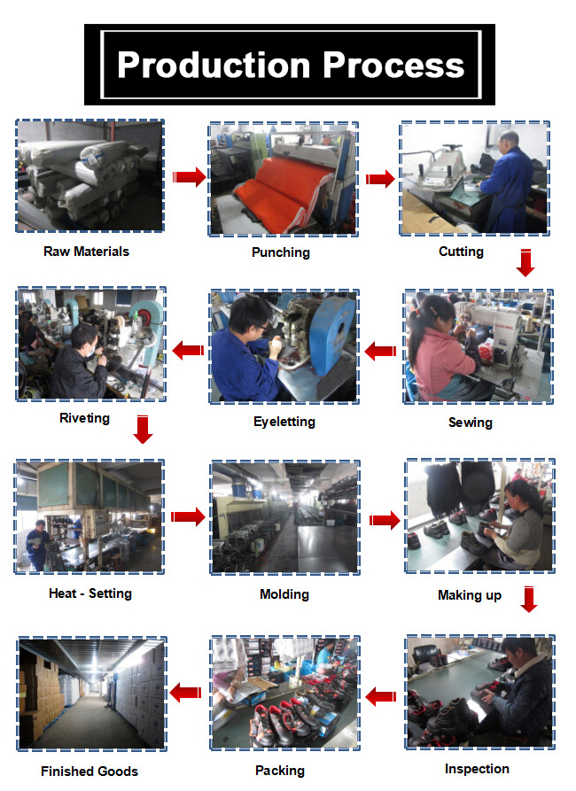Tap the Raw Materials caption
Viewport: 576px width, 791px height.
tap(86, 252)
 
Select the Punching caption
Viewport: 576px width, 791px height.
tap(280, 252)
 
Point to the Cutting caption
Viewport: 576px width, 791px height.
tap(461, 252)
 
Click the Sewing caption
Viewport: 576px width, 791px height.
tap(470, 423)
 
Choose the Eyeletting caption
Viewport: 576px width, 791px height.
tap(284, 422)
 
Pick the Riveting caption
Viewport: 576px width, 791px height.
tap(84, 418)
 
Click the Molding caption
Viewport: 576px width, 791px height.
tap(284, 593)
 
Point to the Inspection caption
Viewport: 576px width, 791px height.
tap(477, 768)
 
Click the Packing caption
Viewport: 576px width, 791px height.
tap(280, 771)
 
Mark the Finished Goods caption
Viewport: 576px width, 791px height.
tap(90, 772)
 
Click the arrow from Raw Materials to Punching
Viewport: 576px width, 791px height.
tap(188, 178)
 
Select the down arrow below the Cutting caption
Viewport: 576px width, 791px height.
tap(525, 263)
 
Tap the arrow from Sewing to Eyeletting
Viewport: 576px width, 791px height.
tap(381, 352)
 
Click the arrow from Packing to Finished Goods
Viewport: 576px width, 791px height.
tap(186, 693)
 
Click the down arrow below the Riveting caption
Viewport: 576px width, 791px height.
tap(143, 429)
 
